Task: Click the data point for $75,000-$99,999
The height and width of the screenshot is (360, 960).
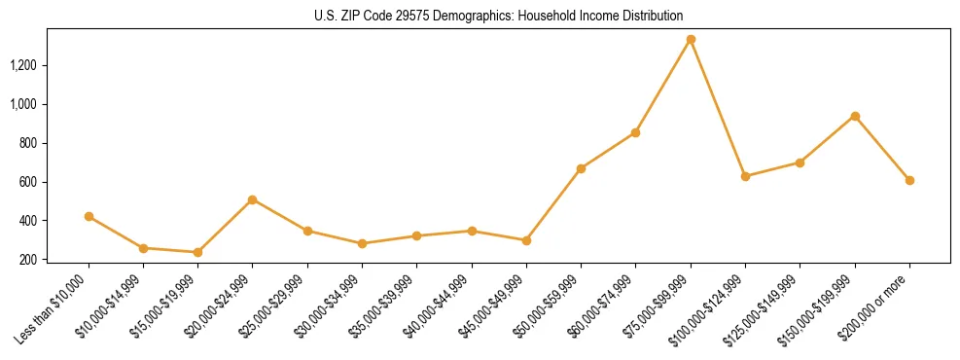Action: tap(691, 40)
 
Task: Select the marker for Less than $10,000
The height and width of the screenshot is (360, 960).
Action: tap(89, 216)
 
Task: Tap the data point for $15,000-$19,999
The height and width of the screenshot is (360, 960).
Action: tap(197, 252)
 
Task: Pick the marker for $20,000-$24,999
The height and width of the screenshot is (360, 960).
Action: tap(253, 199)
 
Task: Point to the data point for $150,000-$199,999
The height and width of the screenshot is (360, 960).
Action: tap(855, 116)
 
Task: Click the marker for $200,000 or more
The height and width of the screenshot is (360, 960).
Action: tap(909, 180)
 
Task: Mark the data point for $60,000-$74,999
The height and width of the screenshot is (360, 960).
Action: tap(636, 132)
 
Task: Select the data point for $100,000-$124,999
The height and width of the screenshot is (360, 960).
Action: tap(745, 176)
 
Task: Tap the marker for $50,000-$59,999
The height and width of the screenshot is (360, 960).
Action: tap(581, 168)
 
